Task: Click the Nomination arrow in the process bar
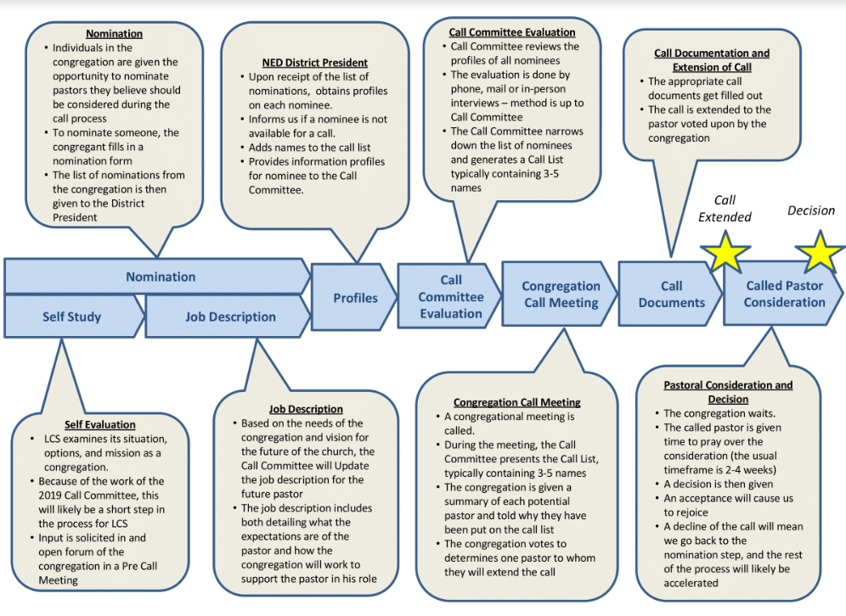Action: click(x=160, y=277)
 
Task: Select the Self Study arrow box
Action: click(x=72, y=316)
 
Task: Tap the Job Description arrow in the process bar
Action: click(x=230, y=316)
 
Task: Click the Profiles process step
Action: click(x=354, y=298)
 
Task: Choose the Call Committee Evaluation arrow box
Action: click(x=450, y=296)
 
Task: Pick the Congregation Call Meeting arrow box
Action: click(x=560, y=294)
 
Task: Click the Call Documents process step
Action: click(x=671, y=294)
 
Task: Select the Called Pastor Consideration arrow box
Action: click(x=784, y=294)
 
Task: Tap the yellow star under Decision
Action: click(x=820, y=252)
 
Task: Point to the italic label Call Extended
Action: click(x=725, y=209)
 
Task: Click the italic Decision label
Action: click(x=811, y=210)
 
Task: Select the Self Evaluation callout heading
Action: click(x=99, y=424)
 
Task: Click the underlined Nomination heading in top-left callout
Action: click(x=114, y=34)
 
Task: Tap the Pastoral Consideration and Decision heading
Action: click(x=728, y=392)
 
